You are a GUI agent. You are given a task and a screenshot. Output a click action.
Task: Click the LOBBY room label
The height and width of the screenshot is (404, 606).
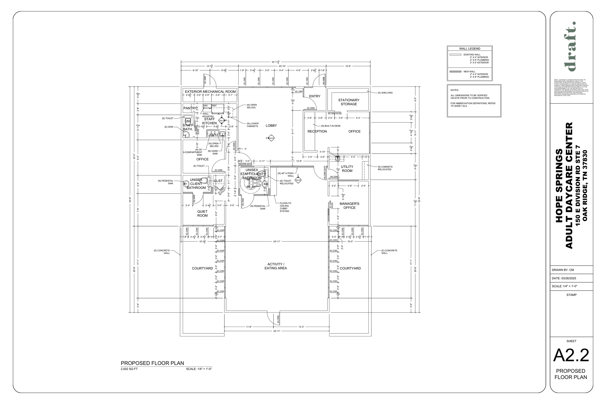coord(271,126)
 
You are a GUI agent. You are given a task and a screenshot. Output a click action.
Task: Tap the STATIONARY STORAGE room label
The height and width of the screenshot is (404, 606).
coord(349,102)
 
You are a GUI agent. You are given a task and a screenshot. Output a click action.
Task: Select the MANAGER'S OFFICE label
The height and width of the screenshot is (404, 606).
coord(349,206)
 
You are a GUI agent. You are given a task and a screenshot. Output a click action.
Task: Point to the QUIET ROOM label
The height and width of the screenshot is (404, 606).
coord(202,214)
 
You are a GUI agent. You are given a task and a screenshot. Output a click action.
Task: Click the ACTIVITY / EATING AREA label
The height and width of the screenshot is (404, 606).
coord(275,266)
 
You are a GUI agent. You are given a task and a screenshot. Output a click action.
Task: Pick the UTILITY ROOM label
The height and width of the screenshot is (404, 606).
coord(347,169)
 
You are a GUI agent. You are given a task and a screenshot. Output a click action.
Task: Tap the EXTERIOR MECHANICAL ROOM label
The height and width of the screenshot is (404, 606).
coord(210,92)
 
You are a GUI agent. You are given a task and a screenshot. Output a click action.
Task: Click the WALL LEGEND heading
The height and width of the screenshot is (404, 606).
coord(470,49)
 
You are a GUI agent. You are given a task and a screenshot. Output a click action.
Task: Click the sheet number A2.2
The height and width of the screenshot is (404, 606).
coord(571,356)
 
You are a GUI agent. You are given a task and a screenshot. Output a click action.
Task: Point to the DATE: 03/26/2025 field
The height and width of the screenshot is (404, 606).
coord(564,278)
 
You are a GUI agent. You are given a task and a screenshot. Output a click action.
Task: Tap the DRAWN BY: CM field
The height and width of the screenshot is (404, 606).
coord(563,270)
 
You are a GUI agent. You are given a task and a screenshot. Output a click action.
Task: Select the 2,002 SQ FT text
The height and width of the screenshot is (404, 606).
coord(129,369)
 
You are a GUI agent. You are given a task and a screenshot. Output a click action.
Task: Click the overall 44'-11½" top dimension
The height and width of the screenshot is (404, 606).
coord(275,62)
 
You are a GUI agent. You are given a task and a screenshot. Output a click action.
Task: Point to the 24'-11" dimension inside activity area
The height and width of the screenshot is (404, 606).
coord(277,242)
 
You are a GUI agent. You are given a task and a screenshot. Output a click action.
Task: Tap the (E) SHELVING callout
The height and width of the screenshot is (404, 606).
coord(385,93)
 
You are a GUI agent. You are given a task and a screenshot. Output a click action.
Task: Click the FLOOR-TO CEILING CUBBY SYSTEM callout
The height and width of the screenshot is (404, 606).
coord(285,207)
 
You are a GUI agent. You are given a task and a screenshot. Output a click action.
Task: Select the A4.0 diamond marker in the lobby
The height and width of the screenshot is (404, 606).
coord(271,138)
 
